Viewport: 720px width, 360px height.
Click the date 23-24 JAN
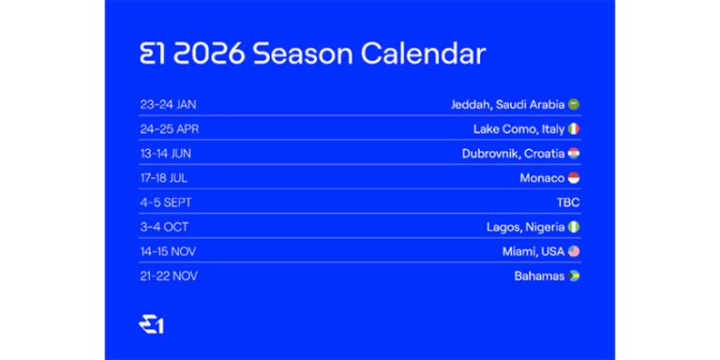click(168, 104)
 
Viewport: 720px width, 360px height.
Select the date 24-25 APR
click(169, 128)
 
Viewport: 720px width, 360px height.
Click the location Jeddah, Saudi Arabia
click(507, 104)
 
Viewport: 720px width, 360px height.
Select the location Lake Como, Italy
click(519, 128)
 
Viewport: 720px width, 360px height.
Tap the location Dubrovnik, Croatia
click(513, 153)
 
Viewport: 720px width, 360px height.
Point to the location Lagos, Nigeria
click(525, 226)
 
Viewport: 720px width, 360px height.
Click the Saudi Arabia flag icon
click(574, 104)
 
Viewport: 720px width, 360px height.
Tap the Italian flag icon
click(574, 128)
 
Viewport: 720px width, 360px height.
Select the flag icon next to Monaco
click(574, 177)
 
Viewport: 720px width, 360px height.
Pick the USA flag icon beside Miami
click(574, 250)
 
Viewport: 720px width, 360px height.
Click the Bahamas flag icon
click(574, 276)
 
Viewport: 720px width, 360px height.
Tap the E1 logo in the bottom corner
click(151, 324)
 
